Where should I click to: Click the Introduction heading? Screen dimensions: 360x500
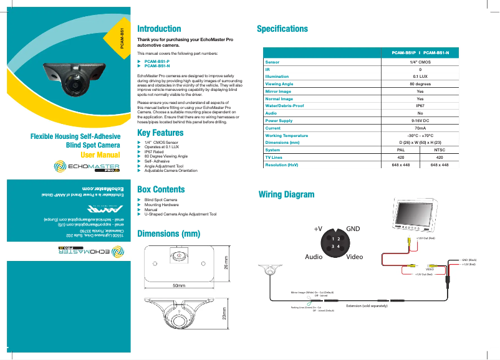point(159,29)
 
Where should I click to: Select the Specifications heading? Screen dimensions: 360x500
point(282,29)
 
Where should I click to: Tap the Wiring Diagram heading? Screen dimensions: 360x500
point(286,194)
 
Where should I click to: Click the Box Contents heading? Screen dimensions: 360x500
point(160,189)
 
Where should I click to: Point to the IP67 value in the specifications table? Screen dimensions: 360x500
point(420,107)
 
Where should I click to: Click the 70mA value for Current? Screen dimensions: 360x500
point(420,128)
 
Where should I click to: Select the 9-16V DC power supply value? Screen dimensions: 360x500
point(420,121)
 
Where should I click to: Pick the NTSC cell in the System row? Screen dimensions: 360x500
point(440,149)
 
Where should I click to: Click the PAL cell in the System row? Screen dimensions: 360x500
point(401,149)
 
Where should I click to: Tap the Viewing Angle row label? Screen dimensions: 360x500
point(279,83)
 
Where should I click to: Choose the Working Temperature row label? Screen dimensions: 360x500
point(287,135)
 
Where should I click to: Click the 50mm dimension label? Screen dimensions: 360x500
point(179,285)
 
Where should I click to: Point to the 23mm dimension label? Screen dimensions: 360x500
point(224,315)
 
